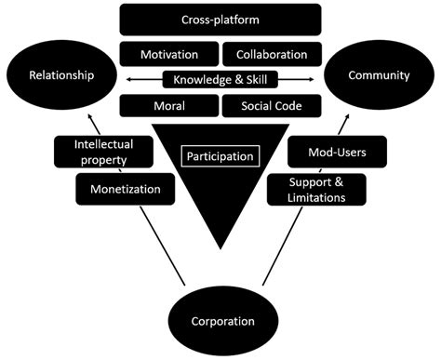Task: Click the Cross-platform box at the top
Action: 220,19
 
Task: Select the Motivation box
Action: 168,53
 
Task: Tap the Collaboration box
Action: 273,53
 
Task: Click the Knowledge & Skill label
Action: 220,79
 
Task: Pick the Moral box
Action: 168,105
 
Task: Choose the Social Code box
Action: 273,105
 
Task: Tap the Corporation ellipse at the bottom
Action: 220,321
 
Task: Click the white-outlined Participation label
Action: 220,155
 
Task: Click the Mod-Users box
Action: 320,149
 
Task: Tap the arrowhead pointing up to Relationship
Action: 91,117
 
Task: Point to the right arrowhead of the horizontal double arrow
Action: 316,80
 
